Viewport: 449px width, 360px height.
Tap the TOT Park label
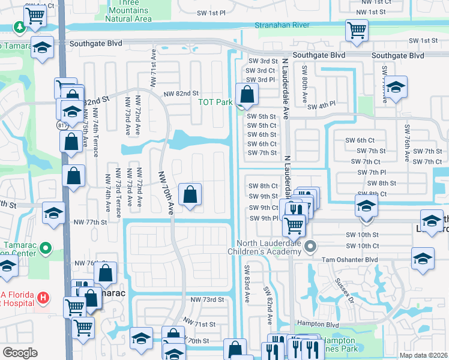[x=215, y=102]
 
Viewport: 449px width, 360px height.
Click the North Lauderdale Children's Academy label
[x=268, y=247]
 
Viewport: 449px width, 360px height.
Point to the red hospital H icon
[x=43, y=297]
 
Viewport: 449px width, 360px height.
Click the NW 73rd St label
[x=206, y=299]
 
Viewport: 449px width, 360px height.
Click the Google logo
[x=19, y=353]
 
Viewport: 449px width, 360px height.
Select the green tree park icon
[x=20, y=28]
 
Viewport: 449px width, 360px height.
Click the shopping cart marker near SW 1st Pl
[x=357, y=30]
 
